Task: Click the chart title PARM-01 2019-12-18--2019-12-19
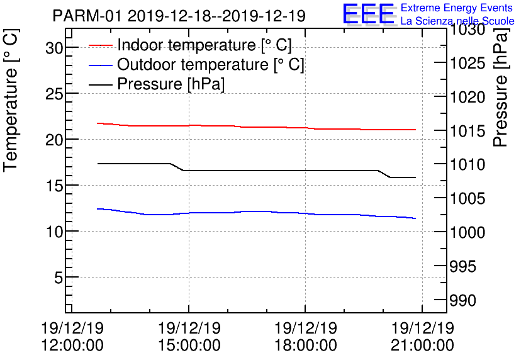179,16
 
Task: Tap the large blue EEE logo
369,14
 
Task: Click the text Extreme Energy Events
457,8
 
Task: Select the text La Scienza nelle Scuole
457,21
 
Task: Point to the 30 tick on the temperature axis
53,48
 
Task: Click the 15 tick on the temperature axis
53,186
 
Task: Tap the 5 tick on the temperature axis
57,278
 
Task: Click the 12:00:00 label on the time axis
72,346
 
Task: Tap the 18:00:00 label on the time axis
305,346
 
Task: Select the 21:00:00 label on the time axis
422,346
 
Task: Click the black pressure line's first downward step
177,167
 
